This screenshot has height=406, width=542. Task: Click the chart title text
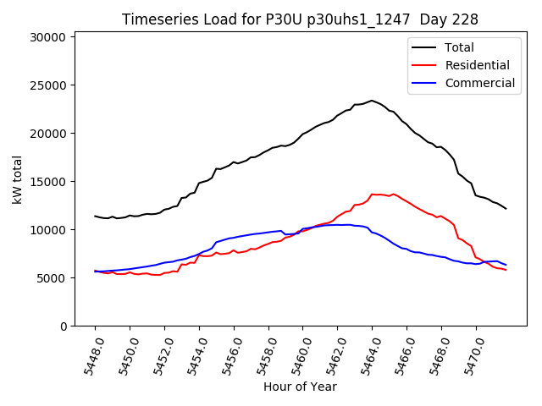click(x=300, y=19)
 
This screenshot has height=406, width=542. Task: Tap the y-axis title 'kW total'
click(x=17, y=179)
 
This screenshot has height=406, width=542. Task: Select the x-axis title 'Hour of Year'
click(x=300, y=387)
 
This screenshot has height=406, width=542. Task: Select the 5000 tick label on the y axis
click(x=52, y=278)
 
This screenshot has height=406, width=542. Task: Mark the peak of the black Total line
click(x=372, y=101)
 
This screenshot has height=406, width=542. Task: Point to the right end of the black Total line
click(x=506, y=208)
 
